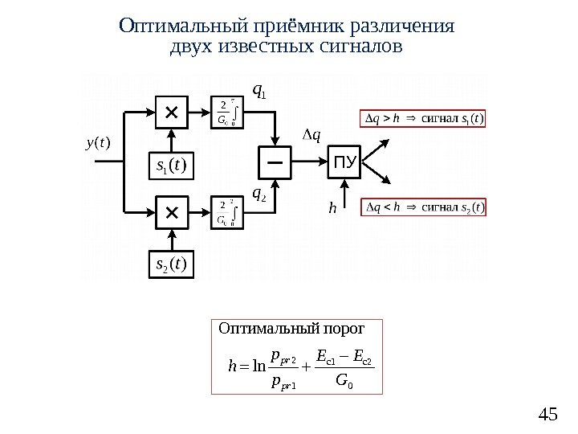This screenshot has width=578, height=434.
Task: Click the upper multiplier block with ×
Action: click(x=170, y=114)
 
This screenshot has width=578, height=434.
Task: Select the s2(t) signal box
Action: click(x=170, y=264)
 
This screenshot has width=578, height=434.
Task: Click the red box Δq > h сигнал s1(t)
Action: click(x=424, y=120)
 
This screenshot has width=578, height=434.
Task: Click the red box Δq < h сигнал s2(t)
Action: click(x=424, y=207)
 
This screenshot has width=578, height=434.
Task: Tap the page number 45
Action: click(x=548, y=415)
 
